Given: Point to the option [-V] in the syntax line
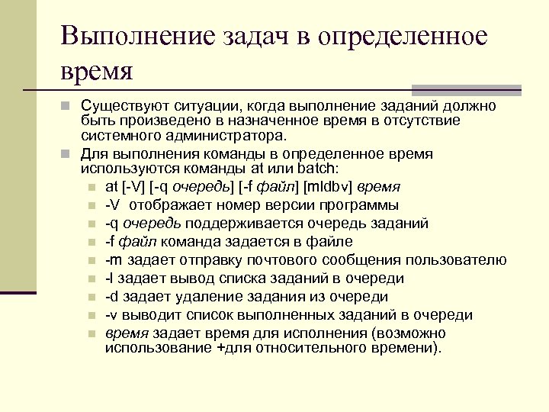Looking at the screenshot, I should click(x=132, y=187).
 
